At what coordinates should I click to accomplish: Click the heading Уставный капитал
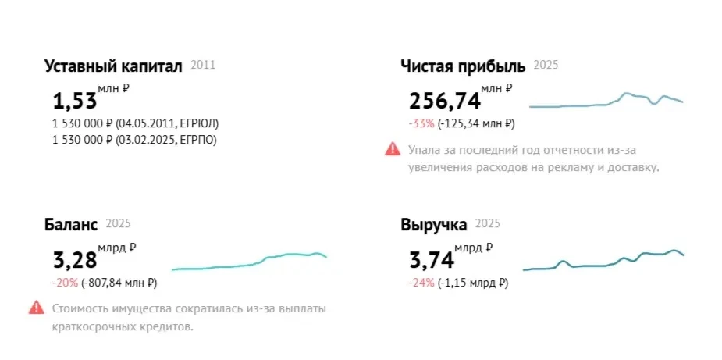[113, 66]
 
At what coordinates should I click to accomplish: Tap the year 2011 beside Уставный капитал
[202, 66]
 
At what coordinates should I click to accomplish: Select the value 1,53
[74, 101]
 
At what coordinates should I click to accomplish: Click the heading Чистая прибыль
[463, 66]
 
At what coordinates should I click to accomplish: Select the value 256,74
[442, 101]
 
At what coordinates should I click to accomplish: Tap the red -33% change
[420, 123]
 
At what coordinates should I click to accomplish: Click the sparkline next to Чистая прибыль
[606, 102]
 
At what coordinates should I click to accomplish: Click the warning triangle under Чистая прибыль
[393, 148]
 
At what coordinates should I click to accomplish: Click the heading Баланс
[71, 225]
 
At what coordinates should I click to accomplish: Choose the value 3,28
[74, 260]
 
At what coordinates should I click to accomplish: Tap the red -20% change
[63, 283]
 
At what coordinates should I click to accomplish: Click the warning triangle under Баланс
[36, 308]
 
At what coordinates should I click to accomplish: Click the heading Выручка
[434, 225]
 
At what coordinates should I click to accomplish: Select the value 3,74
[431, 260]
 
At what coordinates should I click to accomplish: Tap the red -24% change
[420, 283]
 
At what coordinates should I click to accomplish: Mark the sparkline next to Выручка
[603, 262]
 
